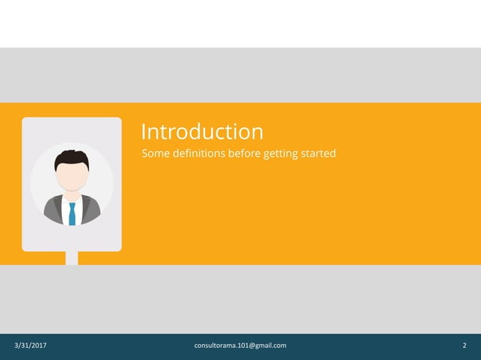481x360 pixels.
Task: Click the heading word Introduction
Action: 202,132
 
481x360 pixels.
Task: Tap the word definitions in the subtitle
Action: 199,154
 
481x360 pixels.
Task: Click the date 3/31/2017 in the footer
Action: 31,346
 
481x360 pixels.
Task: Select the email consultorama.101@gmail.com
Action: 240,346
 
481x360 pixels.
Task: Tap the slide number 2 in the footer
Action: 464,346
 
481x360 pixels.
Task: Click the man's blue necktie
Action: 72,213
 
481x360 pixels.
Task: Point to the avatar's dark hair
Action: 72,157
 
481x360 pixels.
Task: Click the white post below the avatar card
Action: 72,258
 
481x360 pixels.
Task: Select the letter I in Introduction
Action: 144,132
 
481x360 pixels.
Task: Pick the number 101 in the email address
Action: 242,346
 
